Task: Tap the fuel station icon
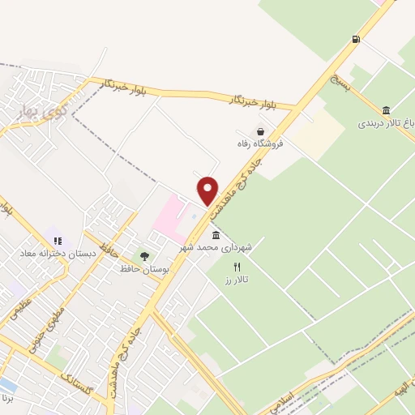click(356, 39)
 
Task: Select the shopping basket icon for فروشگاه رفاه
click(260, 131)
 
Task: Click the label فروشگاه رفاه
click(260, 144)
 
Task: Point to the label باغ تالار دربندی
click(386, 124)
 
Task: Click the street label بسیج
click(340, 82)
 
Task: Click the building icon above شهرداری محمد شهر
click(215, 234)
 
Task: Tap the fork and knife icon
click(237, 267)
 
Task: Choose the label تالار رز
click(237, 280)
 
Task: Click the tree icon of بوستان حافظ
click(144, 256)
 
